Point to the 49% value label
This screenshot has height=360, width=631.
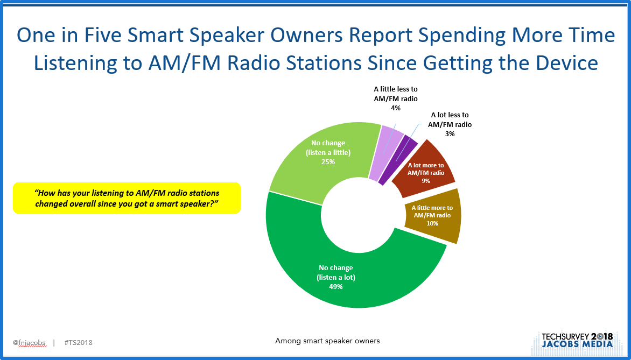(336, 287)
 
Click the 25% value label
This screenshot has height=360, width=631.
(328, 161)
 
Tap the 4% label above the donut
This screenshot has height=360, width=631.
(396, 108)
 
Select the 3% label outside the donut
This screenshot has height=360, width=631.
(450, 133)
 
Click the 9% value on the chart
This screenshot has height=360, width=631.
(426, 181)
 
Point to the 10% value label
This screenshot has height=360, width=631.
(432, 223)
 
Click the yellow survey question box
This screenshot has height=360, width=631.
(127, 198)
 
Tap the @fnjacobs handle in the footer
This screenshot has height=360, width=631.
(29, 343)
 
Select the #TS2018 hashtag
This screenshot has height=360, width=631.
(79, 343)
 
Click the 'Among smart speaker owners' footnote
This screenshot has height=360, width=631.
(327, 341)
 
